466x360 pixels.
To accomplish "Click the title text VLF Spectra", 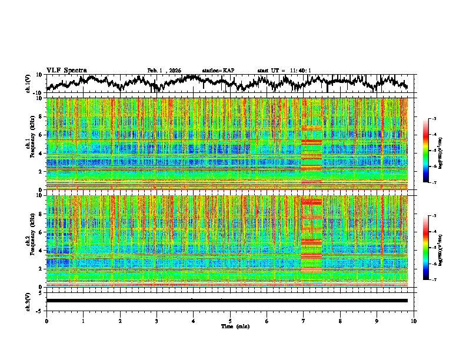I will click(x=66, y=71).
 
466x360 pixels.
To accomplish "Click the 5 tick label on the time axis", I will click(x=230, y=321).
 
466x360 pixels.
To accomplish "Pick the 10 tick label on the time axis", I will click(x=414, y=321).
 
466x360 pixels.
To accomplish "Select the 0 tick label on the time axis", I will click(x=46, y=321).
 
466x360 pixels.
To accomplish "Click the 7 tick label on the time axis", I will click(x=304, y=321).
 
